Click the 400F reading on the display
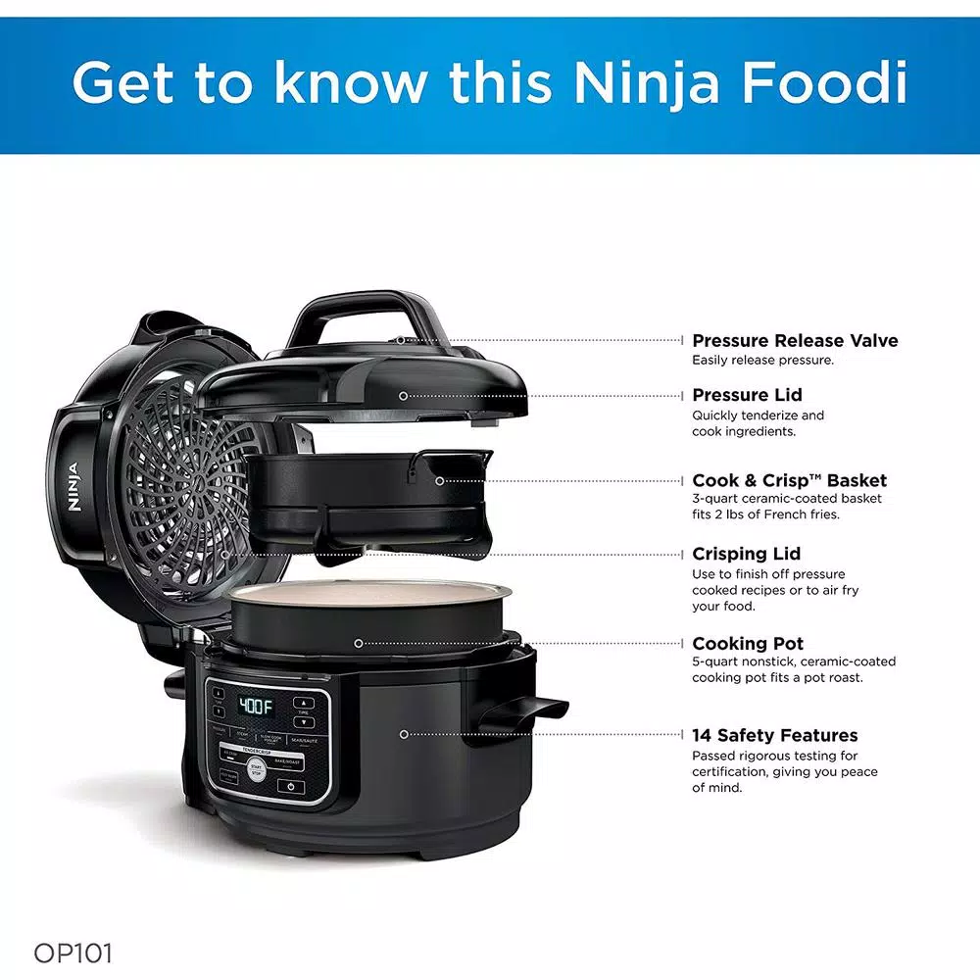[256, 707]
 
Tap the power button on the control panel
[291, 787]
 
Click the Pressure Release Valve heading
[795, 341]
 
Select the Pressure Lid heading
[747, 395]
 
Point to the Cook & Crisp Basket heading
[789, 480]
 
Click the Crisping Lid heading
[746, 554]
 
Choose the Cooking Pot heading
[748, 644]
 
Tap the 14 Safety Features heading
[774, 735]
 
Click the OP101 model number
[73, 953]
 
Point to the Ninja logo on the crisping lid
[73, 485]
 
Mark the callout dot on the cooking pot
[359, 643]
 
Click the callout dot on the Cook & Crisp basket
[439, 480]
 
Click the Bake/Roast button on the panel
[288, 760]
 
